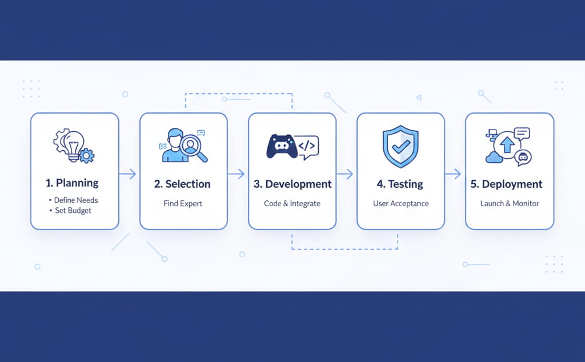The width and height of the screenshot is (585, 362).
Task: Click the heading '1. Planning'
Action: (x=72, y=183)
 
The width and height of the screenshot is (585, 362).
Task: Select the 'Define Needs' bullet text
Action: (x=76, y=200)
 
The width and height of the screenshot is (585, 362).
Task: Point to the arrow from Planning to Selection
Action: (x=129, y=174)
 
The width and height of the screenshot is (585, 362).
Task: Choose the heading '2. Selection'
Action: (x=182, y=184)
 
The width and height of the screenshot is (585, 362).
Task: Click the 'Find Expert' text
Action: (x=183, y=204)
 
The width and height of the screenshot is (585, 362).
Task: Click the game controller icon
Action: (x=281, y=147)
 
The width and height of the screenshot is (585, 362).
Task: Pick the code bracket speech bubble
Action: (x=307, y=146)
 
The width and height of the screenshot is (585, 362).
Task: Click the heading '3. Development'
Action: (x=292, y=184)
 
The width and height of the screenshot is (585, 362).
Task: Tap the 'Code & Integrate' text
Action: (x=292, y=204)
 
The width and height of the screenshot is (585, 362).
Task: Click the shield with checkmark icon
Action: (x=400, y=146)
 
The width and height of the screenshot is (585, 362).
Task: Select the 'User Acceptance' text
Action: (x=400, y=204)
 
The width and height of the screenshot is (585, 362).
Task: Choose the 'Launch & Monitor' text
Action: (x=510, y=204)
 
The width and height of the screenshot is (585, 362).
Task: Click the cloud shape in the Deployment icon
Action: (x=494, y=157)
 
